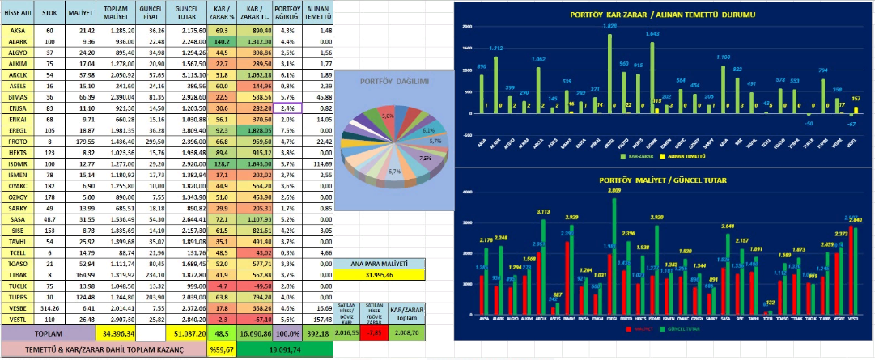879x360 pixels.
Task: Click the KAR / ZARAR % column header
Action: (221, 13)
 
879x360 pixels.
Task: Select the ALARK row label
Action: (18, 42)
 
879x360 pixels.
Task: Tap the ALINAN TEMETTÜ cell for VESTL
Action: (320, 320)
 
